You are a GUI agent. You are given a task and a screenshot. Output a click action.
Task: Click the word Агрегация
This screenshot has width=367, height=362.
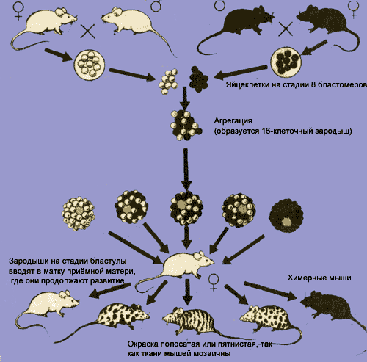[x=233, y=121]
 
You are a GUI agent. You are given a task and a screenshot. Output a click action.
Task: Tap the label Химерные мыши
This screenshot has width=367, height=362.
[x=319, y=278]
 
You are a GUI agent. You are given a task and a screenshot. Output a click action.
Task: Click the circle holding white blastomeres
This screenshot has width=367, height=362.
[x=90, y=65]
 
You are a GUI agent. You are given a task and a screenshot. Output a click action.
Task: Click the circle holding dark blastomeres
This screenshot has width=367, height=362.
[x=286, y=62]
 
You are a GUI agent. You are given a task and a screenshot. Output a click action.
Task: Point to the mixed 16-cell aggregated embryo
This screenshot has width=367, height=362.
[x=186, y=125]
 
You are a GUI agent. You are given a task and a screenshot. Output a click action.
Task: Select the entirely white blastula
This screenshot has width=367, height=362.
[x=79, y=213]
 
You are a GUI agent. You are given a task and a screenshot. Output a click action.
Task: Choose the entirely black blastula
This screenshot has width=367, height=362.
[x=286, y=215]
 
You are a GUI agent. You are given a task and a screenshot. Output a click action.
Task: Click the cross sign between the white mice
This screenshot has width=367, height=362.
[x=88, y=32]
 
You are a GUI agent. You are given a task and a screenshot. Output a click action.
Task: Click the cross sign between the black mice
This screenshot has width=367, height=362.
[x=286, y=29]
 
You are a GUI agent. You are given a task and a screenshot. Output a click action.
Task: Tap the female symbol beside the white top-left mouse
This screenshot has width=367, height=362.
[x=18, y=10]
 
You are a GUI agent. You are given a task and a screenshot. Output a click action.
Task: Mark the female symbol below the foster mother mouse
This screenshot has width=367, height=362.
[x=214, y=282]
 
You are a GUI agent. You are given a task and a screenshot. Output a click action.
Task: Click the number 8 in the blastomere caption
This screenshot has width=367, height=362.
[x=313, y=84]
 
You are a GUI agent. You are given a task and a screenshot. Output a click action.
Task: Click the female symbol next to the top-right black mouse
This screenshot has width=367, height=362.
[x=353, y=10]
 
